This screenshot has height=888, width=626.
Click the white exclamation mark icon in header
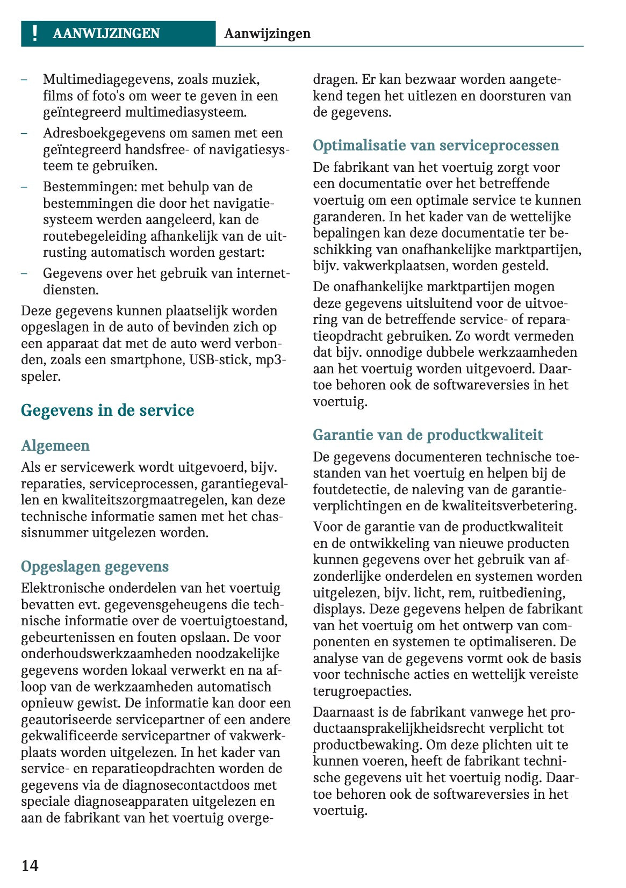35,33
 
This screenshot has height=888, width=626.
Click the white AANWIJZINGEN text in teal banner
106,33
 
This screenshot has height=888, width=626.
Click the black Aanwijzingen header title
267,33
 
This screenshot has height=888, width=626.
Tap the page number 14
30,865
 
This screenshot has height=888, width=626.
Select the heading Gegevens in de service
107,410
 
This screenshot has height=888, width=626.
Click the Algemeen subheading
55,446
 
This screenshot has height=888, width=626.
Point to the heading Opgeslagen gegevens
95,567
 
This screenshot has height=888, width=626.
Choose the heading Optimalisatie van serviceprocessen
436,146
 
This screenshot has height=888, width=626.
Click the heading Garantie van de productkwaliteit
428,435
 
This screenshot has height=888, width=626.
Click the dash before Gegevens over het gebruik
24,273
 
